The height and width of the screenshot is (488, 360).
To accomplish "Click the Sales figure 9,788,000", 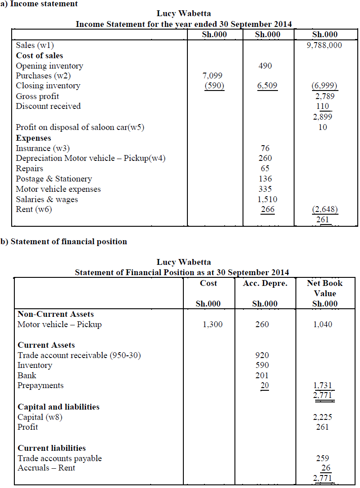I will [325, 45].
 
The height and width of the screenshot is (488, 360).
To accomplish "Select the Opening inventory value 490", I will [265, 66].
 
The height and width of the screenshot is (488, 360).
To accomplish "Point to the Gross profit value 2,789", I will [325, 96].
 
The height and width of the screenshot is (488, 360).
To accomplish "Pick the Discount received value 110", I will [323, 106].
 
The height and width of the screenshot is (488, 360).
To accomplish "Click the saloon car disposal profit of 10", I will [323, 127].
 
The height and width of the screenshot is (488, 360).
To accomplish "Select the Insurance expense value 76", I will [265, 148].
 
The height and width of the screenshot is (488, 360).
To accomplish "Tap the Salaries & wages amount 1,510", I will [268, 199].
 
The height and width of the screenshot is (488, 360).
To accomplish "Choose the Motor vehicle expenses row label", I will [58, 189].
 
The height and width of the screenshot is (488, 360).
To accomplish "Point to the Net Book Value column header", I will [325, 288].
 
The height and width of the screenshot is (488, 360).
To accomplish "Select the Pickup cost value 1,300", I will [213, 324].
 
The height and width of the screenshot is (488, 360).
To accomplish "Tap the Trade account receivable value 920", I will [262, 355].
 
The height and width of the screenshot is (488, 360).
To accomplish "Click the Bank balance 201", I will [262, 376].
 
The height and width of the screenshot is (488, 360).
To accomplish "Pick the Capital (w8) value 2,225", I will [323, 417].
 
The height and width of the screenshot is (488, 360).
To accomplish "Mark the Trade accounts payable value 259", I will [322, 458].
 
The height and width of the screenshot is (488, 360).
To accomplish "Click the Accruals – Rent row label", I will [46, 468].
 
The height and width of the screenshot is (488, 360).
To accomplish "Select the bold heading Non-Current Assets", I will [56, 314].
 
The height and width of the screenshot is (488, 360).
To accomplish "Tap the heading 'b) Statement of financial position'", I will [64, 242].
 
